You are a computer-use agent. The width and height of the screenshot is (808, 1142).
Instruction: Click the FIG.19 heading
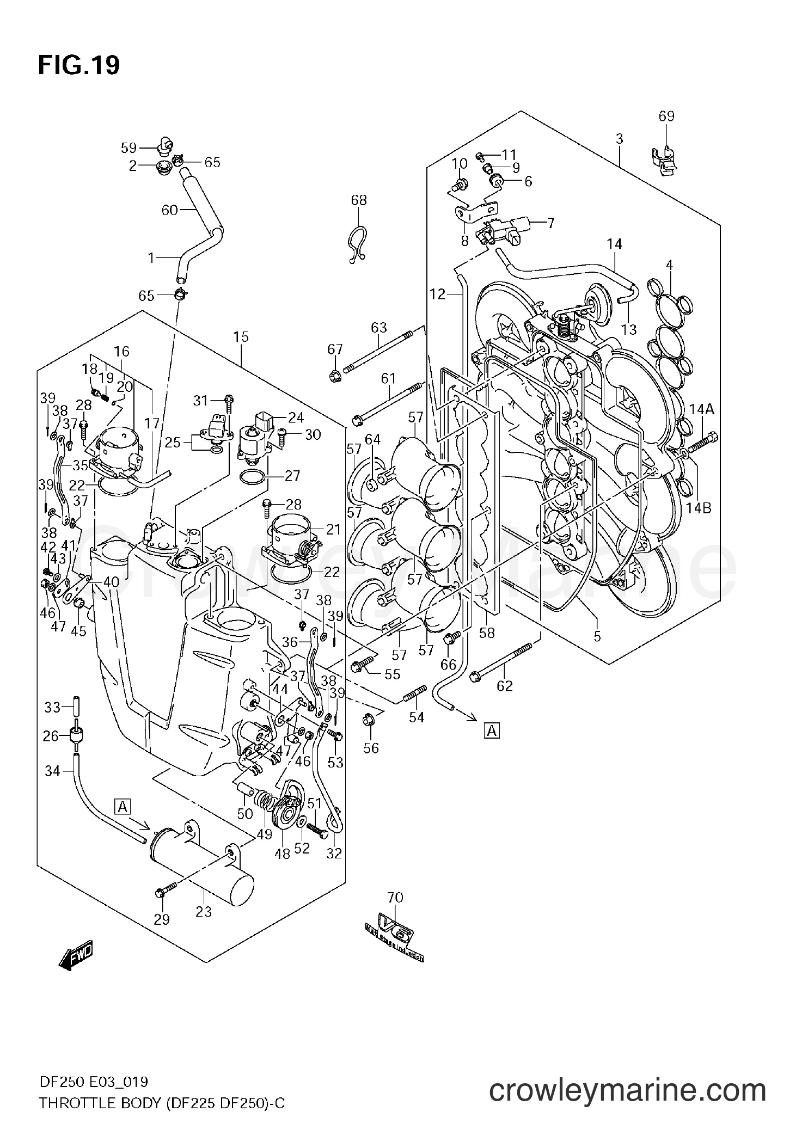pos(79,66)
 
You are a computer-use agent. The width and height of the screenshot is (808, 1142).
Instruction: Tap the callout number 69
pos(666,116)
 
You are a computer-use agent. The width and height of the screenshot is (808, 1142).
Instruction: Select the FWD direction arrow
pos(76,967)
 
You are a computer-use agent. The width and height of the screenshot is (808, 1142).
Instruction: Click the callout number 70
pos(395,897)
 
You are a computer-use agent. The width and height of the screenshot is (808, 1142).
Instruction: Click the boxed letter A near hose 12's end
pos(492,731)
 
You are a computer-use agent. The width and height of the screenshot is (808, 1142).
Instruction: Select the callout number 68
pos(359,200)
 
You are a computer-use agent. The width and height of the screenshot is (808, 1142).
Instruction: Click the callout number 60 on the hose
pos(170,210)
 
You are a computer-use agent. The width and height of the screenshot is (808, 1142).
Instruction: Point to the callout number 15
pos(241,337)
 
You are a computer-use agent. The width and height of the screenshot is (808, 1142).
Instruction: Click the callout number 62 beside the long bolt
pos(505,686)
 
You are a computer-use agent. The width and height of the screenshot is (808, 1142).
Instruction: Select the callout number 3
pos(619,139)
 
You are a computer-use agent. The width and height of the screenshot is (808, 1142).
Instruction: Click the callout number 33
pos(52,707)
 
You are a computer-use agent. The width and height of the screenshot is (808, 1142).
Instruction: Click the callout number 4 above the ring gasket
pos(669,265)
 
